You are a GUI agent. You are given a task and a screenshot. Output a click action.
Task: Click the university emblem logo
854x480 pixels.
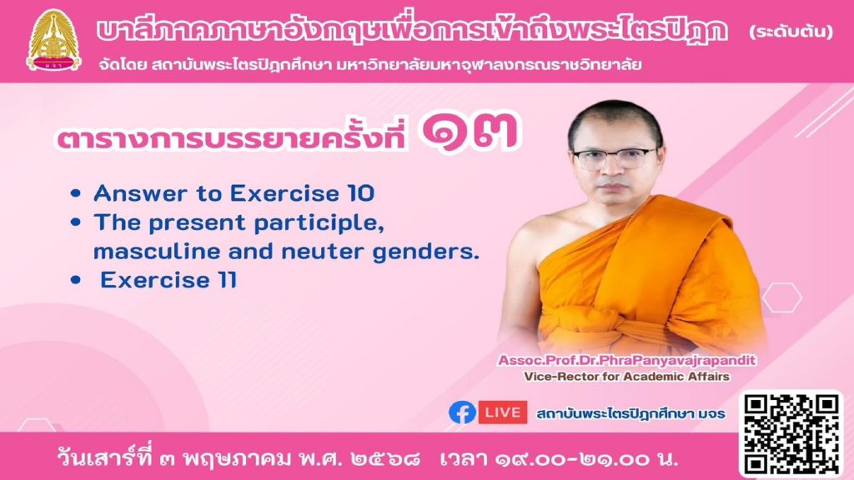pos(53,41)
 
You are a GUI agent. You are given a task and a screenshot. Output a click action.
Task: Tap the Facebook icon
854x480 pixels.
pos(462,412)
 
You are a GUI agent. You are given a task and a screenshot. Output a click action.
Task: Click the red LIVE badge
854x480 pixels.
pos(503,412)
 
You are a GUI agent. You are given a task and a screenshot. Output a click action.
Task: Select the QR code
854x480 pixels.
pos(791,433)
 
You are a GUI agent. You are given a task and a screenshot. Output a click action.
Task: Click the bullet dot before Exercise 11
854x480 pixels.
pos(76,281)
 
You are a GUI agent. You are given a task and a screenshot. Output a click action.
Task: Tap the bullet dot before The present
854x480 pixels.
pos(76,222)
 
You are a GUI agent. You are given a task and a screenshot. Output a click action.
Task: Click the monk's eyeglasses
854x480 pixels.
pos(615,159)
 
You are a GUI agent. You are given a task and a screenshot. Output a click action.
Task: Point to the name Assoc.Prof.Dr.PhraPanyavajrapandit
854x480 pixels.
pos(627,360)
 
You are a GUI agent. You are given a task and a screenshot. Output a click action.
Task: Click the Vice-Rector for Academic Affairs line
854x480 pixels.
pos(626,377)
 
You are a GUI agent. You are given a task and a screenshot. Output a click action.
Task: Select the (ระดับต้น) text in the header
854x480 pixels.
pos(791,32)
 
